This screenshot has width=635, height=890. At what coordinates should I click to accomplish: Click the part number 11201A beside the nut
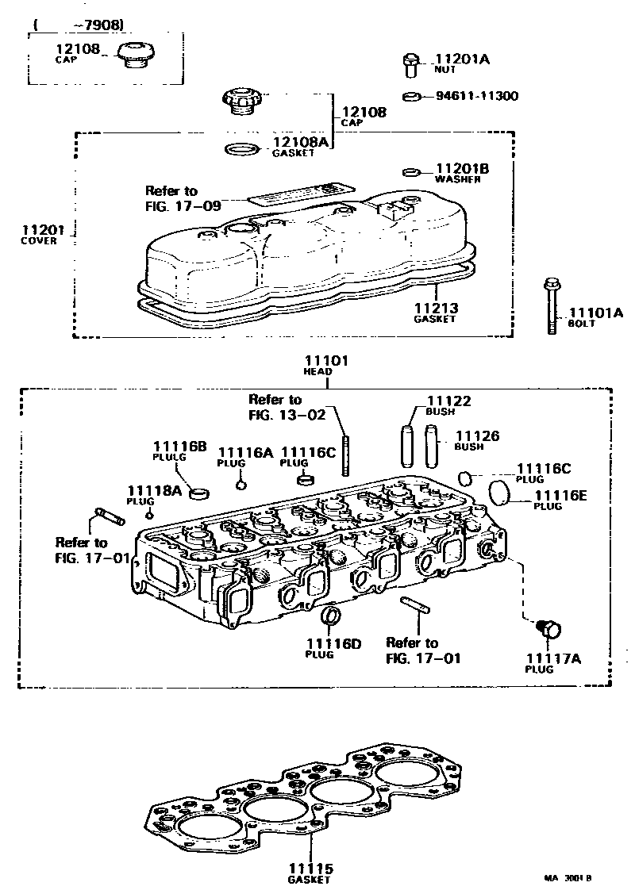tap(464, 59)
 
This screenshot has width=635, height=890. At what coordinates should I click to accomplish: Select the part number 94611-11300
tap(476, 96)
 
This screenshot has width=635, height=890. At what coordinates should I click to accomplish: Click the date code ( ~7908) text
tap(79, 25)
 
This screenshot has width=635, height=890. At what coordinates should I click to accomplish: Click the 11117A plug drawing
tap(548, 629)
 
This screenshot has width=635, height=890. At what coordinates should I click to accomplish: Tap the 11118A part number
tap(155, 491)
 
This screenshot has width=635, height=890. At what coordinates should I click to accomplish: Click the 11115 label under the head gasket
tap(310, 869)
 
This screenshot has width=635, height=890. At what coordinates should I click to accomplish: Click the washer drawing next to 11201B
tap(411, 171)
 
